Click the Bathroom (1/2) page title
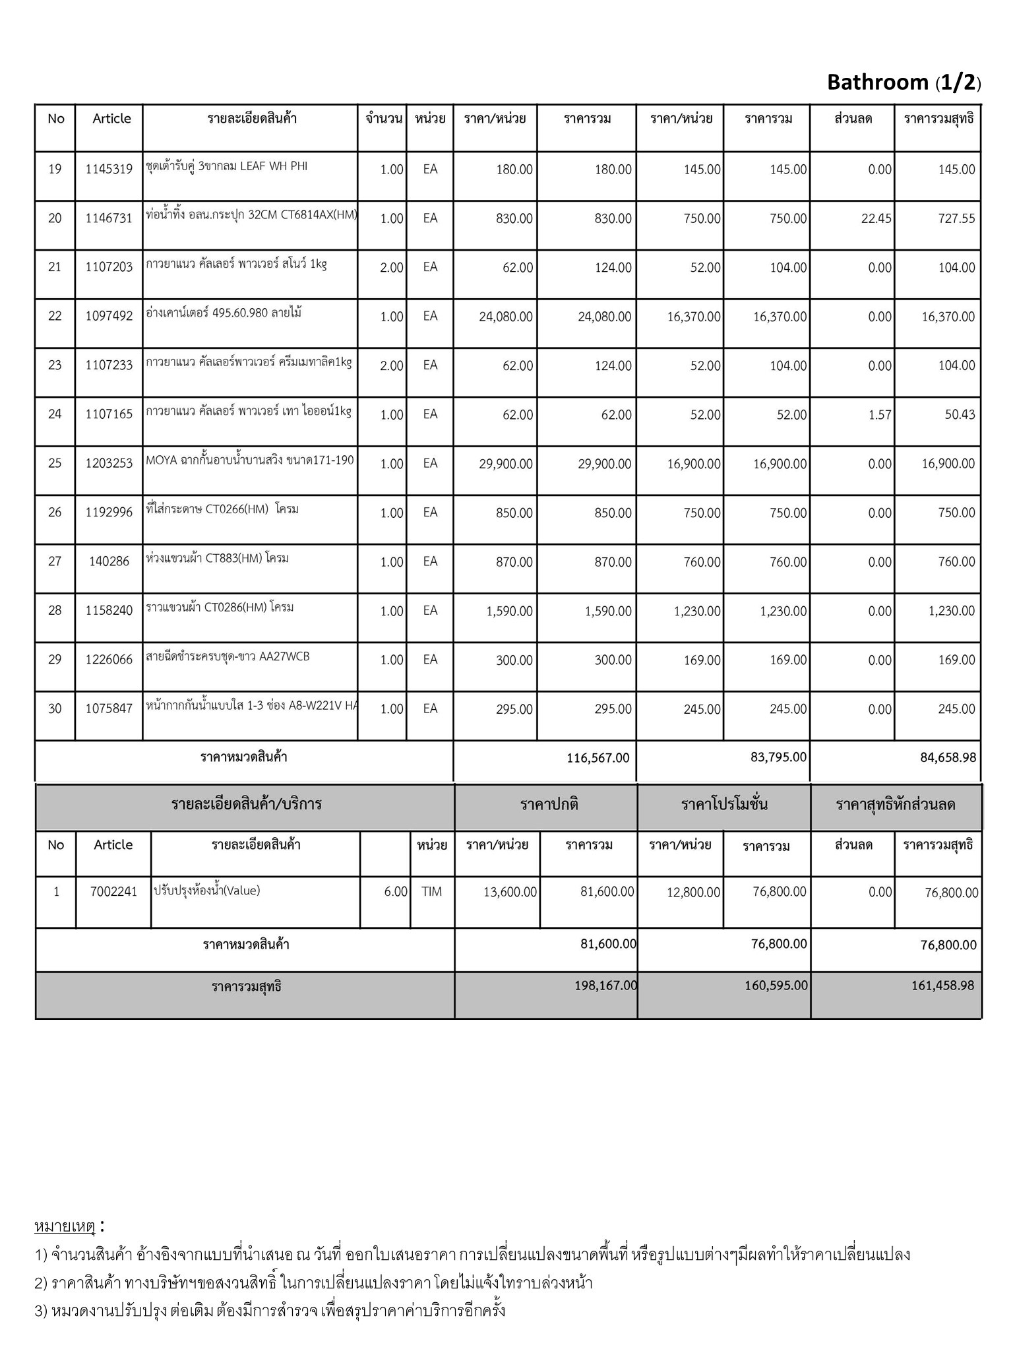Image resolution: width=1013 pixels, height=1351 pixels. [904, 82]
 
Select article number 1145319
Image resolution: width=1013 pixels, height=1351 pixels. [109, 170]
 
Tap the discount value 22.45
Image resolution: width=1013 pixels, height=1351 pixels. [876, 219]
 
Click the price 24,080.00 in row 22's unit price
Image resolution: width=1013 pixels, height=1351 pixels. [506, 317]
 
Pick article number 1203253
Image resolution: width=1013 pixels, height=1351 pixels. [109, 464]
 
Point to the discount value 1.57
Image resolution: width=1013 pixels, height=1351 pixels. [880, 415]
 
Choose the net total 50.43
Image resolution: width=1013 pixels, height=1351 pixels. [959, 415]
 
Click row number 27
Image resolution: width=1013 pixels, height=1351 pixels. [55, 562]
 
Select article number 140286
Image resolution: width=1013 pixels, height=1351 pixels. [109, 562]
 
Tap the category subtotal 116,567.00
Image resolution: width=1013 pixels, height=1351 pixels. [598, 758]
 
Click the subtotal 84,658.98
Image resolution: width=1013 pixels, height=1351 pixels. [948, 758]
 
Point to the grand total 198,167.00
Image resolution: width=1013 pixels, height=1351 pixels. [605, 986]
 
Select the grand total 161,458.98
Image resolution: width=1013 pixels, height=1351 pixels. [942, 986]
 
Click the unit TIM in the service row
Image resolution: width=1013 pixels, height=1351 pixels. [431, 892]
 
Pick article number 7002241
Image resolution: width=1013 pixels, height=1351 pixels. [113, 892]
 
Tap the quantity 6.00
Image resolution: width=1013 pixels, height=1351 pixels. [396, 892]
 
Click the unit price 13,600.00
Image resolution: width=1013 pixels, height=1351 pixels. [510, 893]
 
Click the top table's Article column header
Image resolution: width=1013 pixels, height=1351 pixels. [111, 119]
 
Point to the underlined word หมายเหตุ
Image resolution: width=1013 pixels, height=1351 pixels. [65, 1226]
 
